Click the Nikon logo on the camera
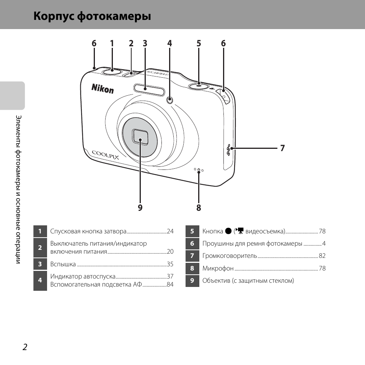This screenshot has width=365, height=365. point(103,89)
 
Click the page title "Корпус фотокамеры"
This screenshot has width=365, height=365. point(92,16)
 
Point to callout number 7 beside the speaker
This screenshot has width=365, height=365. point(282,148)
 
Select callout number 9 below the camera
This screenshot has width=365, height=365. point(140,208)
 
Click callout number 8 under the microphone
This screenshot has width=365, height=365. point(199,208)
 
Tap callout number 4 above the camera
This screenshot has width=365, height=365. point(169,43)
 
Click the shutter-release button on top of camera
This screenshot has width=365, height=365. point(112,71)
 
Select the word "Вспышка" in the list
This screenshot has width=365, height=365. point(63,264)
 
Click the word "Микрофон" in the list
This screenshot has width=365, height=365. point(218,268)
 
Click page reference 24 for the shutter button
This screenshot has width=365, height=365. point(170,231)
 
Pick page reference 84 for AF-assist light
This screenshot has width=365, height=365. point(170,284)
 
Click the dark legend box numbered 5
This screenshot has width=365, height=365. point(192,231)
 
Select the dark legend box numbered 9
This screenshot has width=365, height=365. point(192,280)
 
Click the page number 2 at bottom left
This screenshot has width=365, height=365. point(25,347)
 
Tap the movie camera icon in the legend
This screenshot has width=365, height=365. point(240,231)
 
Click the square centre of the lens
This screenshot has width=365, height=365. point(140,137)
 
